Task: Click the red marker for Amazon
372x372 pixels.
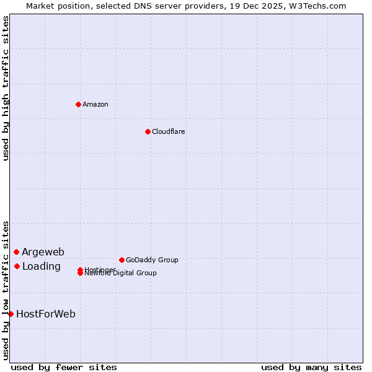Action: tap(78, 104)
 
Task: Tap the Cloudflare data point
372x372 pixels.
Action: tap(148, 131)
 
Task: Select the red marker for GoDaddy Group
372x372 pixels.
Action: tap(122, 260)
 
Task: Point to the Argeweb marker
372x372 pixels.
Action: tap(16, 252)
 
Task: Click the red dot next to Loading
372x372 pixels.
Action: tap(17, 266)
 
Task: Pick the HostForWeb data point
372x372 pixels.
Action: tap(11, 314)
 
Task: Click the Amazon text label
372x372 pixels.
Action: tap(95, 104)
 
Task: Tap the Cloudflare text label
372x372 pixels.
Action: tap(168, 131)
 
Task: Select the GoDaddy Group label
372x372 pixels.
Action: tap(152, 260)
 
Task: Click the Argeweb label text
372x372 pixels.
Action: tap(43, 252)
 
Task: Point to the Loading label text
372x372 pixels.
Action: tap(41, 267)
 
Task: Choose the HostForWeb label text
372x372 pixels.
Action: tap(46, 314)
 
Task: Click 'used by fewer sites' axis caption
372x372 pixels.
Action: tap(64, 367)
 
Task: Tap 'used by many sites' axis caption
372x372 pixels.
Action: tap(311, 367)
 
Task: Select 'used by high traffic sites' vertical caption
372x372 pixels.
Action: tap(6, 88)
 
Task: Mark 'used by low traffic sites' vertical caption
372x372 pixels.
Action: tap(6, 290)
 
